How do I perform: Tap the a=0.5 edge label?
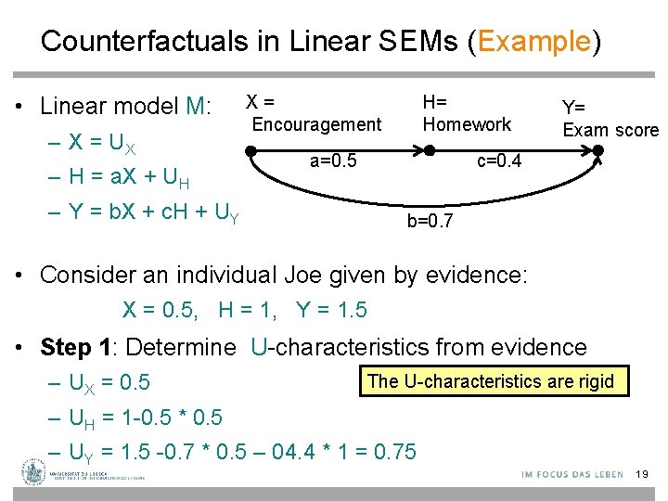tap(333, 161)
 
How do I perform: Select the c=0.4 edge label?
tap(499, 161)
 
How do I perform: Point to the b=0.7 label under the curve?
tap(430, 221)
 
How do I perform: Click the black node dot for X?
tap(250, 149)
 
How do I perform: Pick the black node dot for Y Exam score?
tap(599, 151)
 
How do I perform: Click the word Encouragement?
tap(316, 124)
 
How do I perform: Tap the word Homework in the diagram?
tap(467, 124)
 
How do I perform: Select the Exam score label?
tap(610, 130)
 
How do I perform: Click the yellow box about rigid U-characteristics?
tap(491, 381)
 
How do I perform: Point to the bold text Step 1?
tap(78, 348)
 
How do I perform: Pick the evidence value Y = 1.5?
tap(331, 310)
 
